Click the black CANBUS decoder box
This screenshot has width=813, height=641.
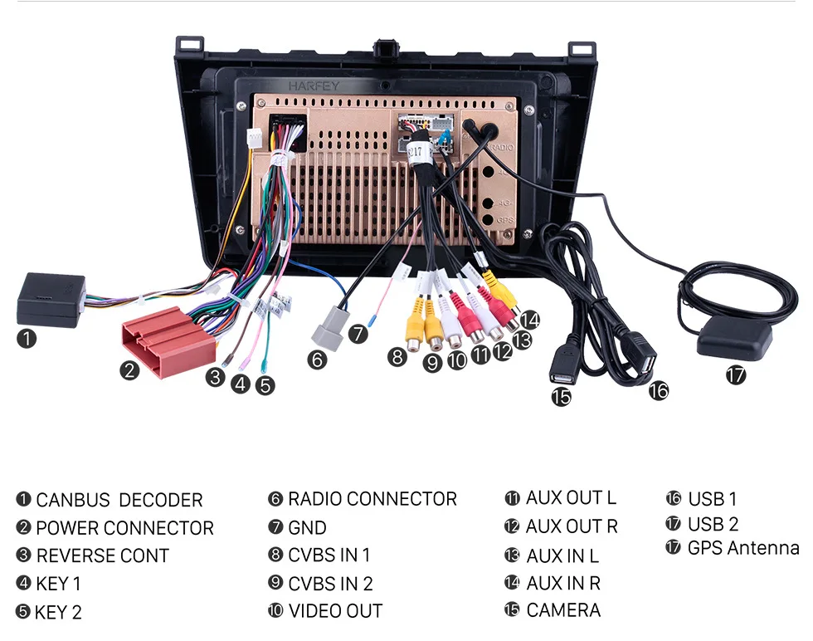tap(51, 299)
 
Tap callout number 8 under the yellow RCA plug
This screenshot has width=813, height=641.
tap(397, 357)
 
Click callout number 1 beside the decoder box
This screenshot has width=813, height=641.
tap(27, 338)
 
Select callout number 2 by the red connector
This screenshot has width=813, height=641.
tap(129, 370)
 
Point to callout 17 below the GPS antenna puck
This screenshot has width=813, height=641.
tap(735, 374)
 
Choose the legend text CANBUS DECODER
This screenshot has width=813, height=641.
tap(119, 500)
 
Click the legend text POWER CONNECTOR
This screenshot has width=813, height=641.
tap(124, 528)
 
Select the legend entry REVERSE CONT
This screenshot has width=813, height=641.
tap(102, 555)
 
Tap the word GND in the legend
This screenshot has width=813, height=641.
tap(307, 527)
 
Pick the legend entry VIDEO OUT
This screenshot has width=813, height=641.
tap(335, 611)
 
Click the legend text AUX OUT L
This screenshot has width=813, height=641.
tap(571, 498)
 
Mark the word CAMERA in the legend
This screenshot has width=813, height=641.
tap(562, 609)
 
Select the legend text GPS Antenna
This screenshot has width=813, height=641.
tap(742, 548)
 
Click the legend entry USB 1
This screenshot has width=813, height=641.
tap(712, 499)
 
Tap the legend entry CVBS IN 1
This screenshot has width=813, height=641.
tap(329, 555)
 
